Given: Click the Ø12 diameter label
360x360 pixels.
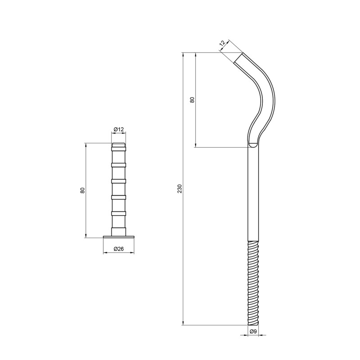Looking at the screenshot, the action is (x=119, y=130).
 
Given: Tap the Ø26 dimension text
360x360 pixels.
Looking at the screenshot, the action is (x=119, y=249).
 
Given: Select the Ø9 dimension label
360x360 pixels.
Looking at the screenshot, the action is (x=253, y=332).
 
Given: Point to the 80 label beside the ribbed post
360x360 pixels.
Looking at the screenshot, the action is (x=83, y=190).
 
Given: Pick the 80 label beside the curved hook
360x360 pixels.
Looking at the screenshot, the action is (x=192, y=100).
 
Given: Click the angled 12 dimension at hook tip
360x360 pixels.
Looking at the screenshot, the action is (x=222, y=44).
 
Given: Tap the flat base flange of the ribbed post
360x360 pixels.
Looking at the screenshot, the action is (x=119, y=237).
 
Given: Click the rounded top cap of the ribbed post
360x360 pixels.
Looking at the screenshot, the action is (x=119, y=145).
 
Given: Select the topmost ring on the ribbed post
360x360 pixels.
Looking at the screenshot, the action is (x=119, y=149).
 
